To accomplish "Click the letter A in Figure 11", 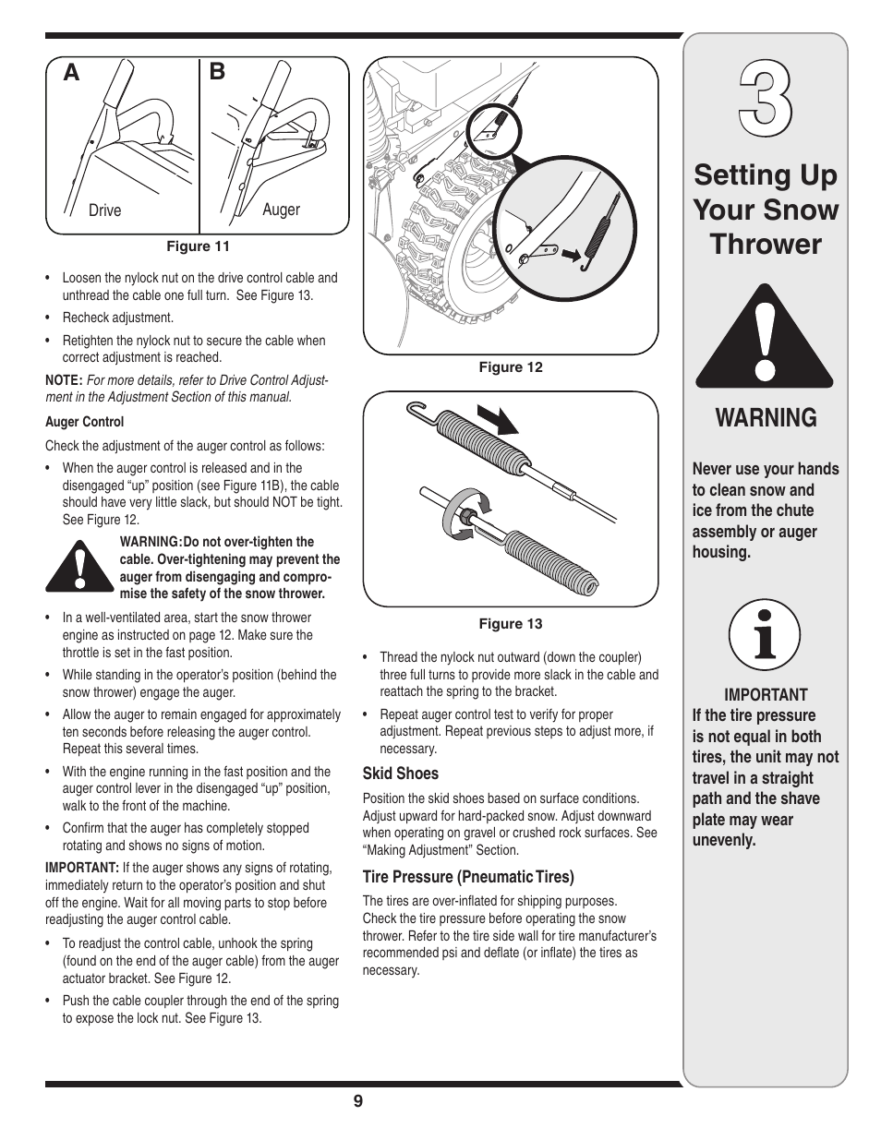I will [71, 74].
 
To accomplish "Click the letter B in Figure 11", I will [217, 72].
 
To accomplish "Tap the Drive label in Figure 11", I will [104, 210].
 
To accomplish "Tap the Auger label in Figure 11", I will [281, 210].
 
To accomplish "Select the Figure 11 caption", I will [198, 246].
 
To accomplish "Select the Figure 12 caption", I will [510, 367].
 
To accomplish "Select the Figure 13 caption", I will [510, 624].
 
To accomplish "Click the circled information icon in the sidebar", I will [764, 636].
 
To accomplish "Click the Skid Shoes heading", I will [400, 774].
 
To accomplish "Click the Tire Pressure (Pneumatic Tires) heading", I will [467, 877].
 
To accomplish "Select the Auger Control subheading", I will [84, 422].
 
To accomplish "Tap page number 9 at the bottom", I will [357, 1101].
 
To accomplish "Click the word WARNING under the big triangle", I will [766, 418].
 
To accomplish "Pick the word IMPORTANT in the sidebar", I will [766, 695].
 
